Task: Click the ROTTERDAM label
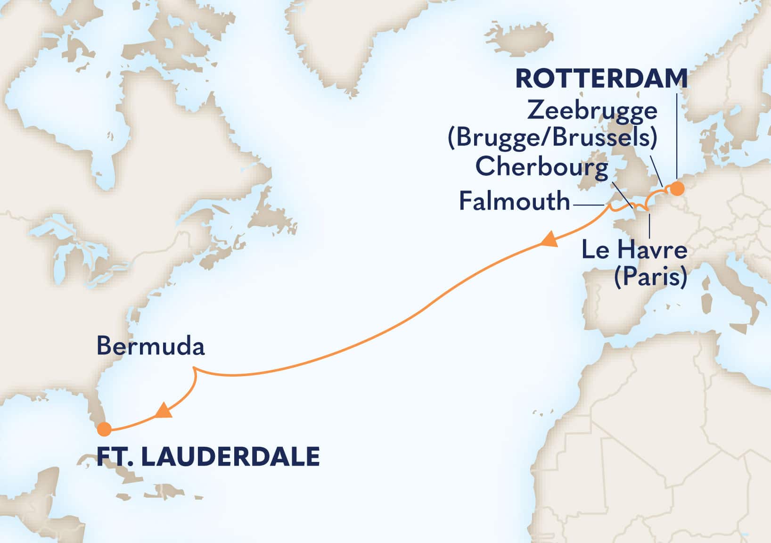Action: pos(601,79)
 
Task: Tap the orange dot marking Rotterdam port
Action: pos(677,189)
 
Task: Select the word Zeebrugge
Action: pos(592,111)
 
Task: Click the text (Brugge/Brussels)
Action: pos(553,138)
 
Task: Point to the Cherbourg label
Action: pos(541,167)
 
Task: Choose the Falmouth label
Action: pos(514,202)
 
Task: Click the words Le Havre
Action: pos(634,249)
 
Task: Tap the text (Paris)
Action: pos(650,277)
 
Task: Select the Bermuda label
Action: pos(150,347)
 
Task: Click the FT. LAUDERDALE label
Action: pos(208,457)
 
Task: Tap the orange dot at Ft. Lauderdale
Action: pos(104,429)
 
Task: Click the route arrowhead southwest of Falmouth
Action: pos(549,241)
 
